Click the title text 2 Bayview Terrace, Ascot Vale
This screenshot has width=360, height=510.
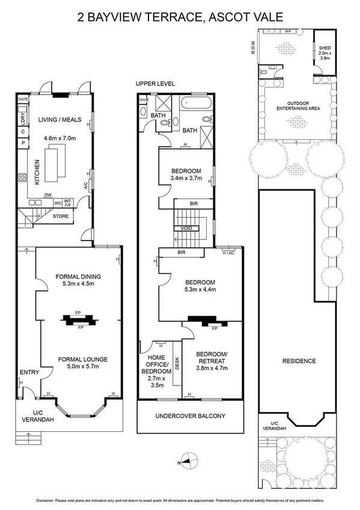(x=180, y=17)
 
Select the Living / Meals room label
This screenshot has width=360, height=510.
(x=60, y=120)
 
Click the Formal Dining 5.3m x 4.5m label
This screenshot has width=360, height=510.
(x=78, y=280)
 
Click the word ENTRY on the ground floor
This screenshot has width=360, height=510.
(x=29, y=372)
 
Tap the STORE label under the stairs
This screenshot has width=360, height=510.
(x=61, y=216)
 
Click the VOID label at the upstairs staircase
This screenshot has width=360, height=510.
(x=186, y=229)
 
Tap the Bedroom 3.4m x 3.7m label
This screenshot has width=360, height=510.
(x=185, y=174)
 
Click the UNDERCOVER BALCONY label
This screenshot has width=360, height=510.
(x=190, y=416)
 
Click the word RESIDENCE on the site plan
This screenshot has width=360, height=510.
(x=299, y=361)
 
